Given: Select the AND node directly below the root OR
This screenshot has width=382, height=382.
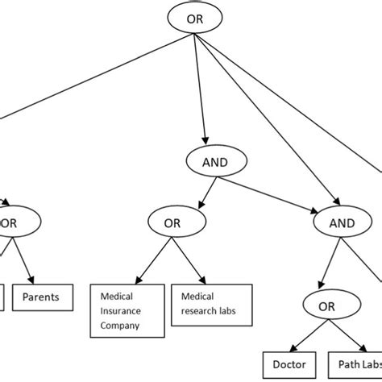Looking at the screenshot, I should pos(215,161).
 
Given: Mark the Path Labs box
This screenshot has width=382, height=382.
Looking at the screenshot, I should pos(355,364).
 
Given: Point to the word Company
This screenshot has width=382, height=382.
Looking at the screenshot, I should pos(121,326).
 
